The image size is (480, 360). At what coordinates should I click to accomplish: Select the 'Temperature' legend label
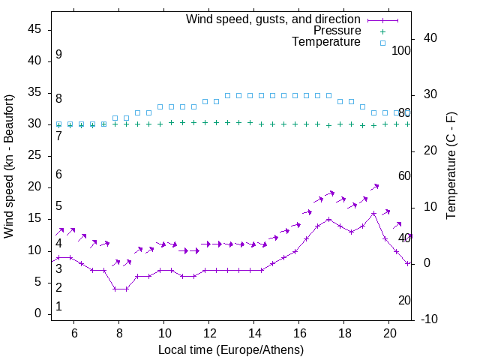pyautogui.click(x=326, y=42)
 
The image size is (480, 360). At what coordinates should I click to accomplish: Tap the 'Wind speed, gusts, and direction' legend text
pyautogui.click(x=274, y=19)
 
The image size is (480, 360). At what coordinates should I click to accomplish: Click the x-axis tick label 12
pyautogui.click(x=209, y=333)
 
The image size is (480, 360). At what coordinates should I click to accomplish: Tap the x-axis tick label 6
pyautogui.click(x=74, y=333)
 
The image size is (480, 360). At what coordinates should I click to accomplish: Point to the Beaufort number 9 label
pyautogui.click(x=58, y=55)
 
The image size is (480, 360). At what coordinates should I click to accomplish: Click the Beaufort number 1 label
pyautogui.click(x=58, y=307)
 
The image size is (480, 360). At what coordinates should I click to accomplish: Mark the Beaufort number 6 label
pyautogui.click(x=58, y=175)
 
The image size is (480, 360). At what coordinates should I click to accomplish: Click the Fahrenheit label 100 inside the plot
pyautogui.click(x=402, y=51)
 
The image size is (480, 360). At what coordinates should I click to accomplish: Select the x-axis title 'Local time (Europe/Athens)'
pyautogui.click(x=231, y=349)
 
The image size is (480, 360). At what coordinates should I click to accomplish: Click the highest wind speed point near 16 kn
pyautogui.click(x=373, y=213)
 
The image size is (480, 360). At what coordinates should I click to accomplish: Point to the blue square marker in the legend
pyautogui.click(x=382, y=43)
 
